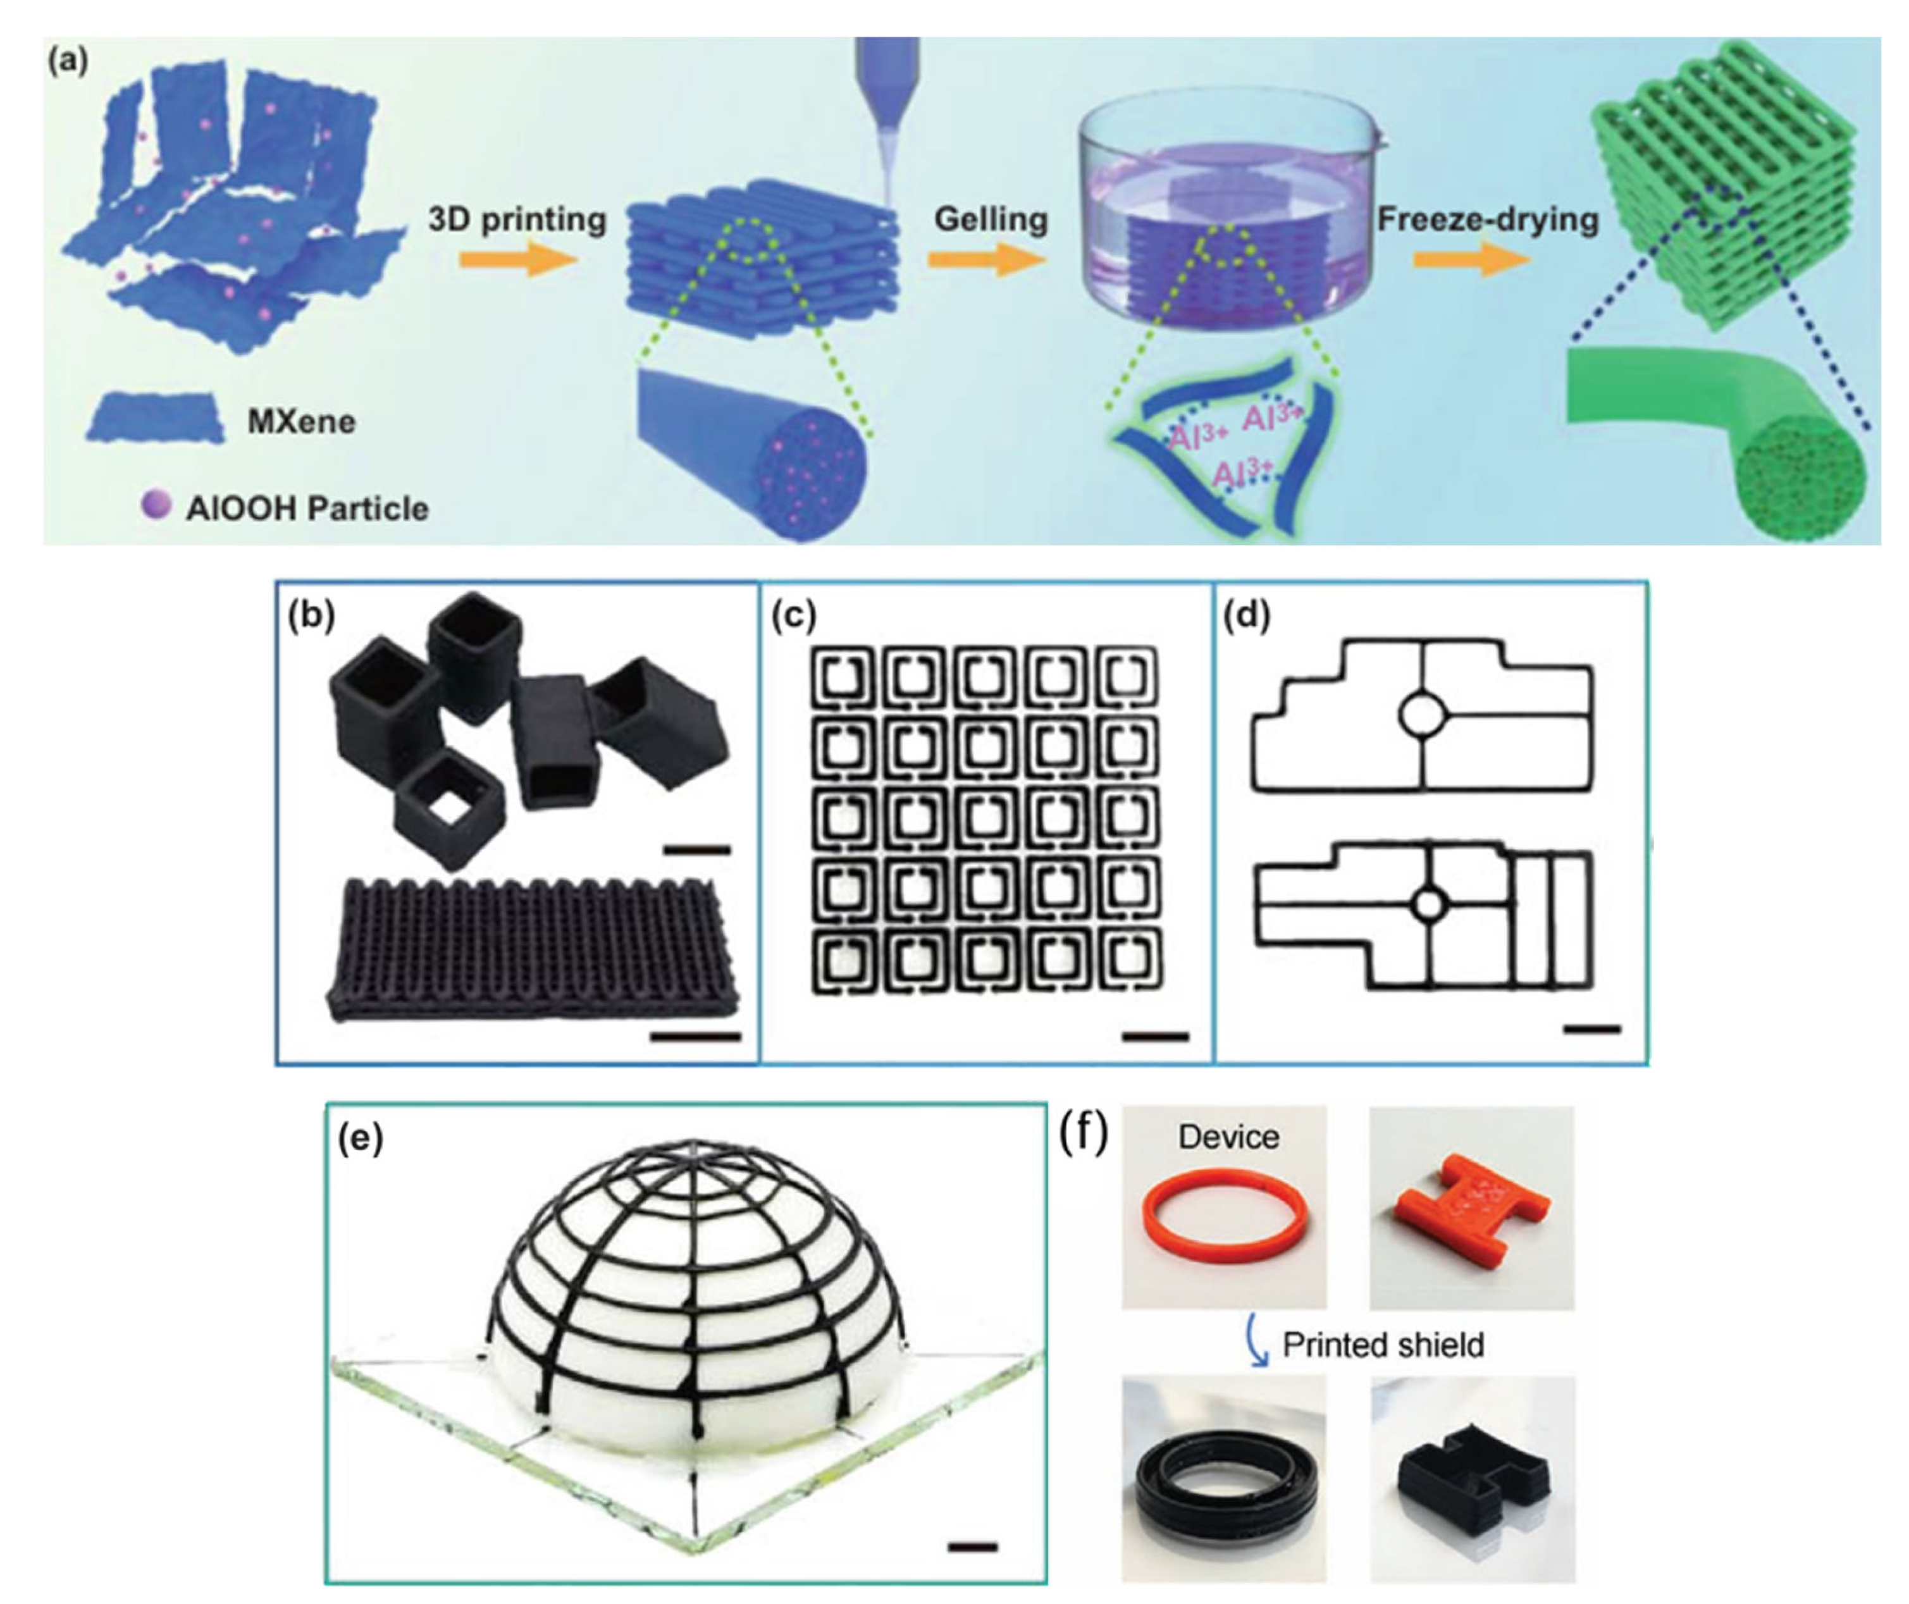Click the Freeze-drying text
[x=1488, y=220]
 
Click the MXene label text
[x=301, y=422]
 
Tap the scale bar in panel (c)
[x=1155, y=1035]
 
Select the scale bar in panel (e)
[x=972, y=1546]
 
